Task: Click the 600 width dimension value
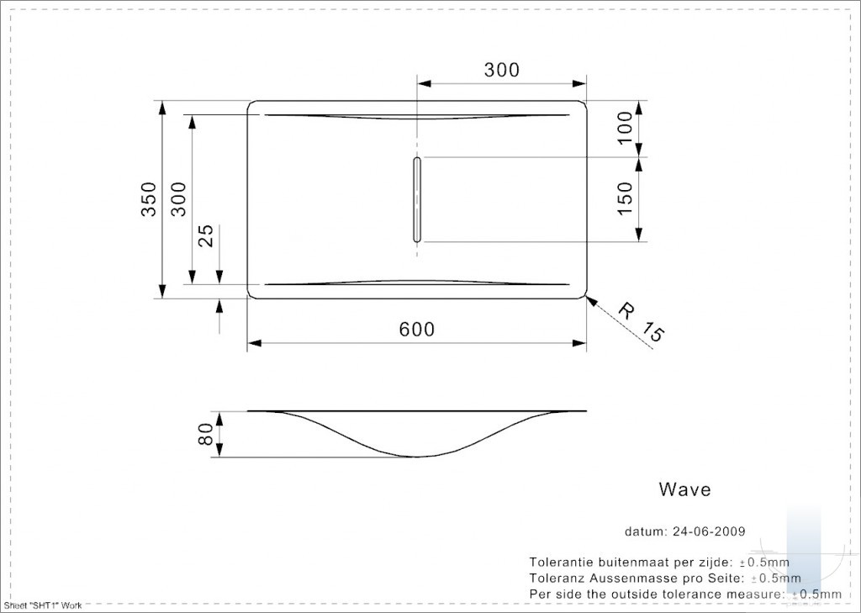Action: click(416, 329)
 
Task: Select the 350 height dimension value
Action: click(150, 198)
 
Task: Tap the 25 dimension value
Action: click(205, 236)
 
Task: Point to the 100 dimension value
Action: click(625, 128)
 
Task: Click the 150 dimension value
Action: click(625, 198)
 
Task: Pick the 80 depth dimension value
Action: click(205, 434)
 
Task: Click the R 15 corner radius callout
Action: click(642, 322)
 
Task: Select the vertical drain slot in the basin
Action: click(417, 199)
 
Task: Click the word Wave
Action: click(684, 489)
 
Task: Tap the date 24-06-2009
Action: click(708, 531)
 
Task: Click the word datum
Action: click(645, 531)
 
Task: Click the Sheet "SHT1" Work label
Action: click(43, 605)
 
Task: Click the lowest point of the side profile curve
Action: click(417, 457)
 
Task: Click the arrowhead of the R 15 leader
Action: click(591, 299)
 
